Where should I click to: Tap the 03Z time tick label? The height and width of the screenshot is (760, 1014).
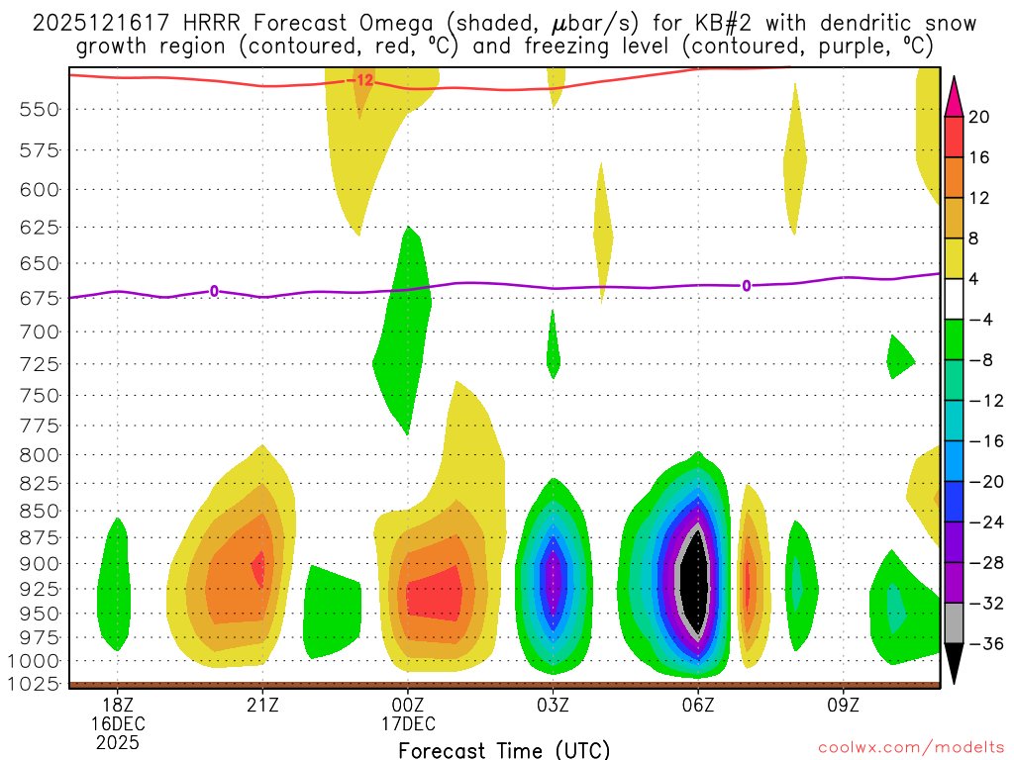pos(553,705)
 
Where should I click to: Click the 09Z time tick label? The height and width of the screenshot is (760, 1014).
pos(843,705)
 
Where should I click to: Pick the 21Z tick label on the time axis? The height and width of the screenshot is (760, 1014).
pos(262,705)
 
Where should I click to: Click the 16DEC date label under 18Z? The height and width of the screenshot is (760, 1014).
pos(118,723)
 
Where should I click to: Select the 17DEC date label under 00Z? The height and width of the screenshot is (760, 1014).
pos(408,723)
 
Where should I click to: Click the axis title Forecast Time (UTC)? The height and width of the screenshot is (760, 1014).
pos(504,749)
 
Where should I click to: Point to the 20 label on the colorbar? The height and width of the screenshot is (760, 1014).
pos(979,117)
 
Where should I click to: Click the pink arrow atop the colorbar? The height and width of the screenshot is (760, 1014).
pos(954,96)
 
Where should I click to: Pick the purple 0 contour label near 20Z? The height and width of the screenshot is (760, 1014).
pos(214,291)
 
